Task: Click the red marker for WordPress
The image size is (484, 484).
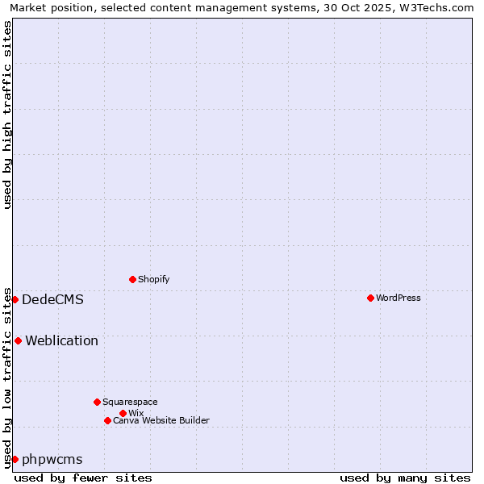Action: (370, 298)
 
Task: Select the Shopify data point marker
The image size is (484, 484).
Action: (132, 279)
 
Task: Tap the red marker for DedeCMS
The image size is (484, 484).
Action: (15, 299)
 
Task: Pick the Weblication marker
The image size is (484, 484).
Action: (18, 340)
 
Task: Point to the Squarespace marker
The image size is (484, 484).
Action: (97, 402)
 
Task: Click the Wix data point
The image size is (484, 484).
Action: (123, 413)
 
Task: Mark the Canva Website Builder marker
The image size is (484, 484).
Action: (107, 420)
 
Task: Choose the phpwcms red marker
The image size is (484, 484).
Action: (15, 459)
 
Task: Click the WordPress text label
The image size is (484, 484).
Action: (398, 298)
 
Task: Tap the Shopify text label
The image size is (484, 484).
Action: (154, 279)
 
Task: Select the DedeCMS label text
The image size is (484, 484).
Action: (52, 299)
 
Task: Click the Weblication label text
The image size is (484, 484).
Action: (62, 340)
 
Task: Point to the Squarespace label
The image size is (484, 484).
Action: (130, 402)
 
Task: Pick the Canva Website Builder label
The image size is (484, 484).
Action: (161, 420)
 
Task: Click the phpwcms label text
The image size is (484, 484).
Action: (52, 459)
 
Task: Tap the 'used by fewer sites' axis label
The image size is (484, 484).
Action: (83, 478)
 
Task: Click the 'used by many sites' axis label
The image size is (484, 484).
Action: (405, 478)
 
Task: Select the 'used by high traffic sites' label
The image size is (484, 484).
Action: (7, 115)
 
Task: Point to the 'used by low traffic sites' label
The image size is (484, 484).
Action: (7, 378)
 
